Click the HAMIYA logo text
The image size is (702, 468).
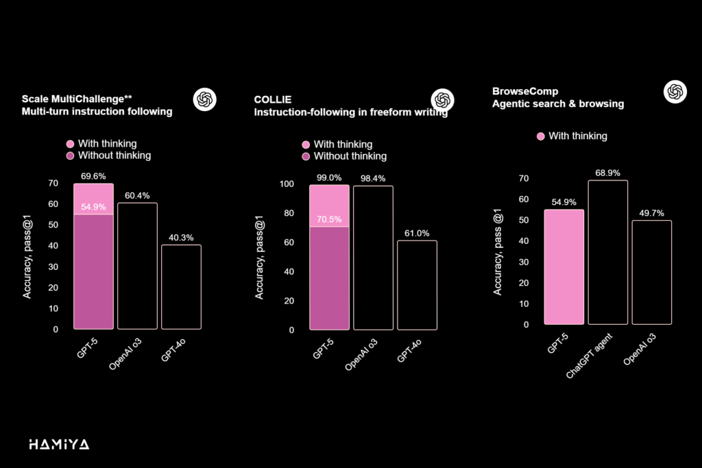pos(59,445)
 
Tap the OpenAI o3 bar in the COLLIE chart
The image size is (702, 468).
pos(373,257)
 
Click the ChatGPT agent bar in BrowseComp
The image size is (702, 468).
pos(607,251)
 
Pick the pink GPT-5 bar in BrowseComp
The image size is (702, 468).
pos(564,267)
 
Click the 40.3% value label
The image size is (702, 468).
pos(181,236)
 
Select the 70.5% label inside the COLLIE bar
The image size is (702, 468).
pos(329,219)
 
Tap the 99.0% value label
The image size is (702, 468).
pos(329,177)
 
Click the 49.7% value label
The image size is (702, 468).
pos(651,212)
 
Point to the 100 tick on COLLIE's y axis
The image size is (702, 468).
pos(286,184)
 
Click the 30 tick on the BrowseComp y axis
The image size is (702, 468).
pos(524,262)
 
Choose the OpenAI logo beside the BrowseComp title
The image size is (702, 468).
pos(675,92)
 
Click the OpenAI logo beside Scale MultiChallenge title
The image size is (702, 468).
pos(204,100)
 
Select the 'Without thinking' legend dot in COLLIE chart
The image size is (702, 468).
pos(306,156)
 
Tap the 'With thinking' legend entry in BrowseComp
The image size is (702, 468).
pos(572,136)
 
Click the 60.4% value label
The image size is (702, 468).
pos(137,195)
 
